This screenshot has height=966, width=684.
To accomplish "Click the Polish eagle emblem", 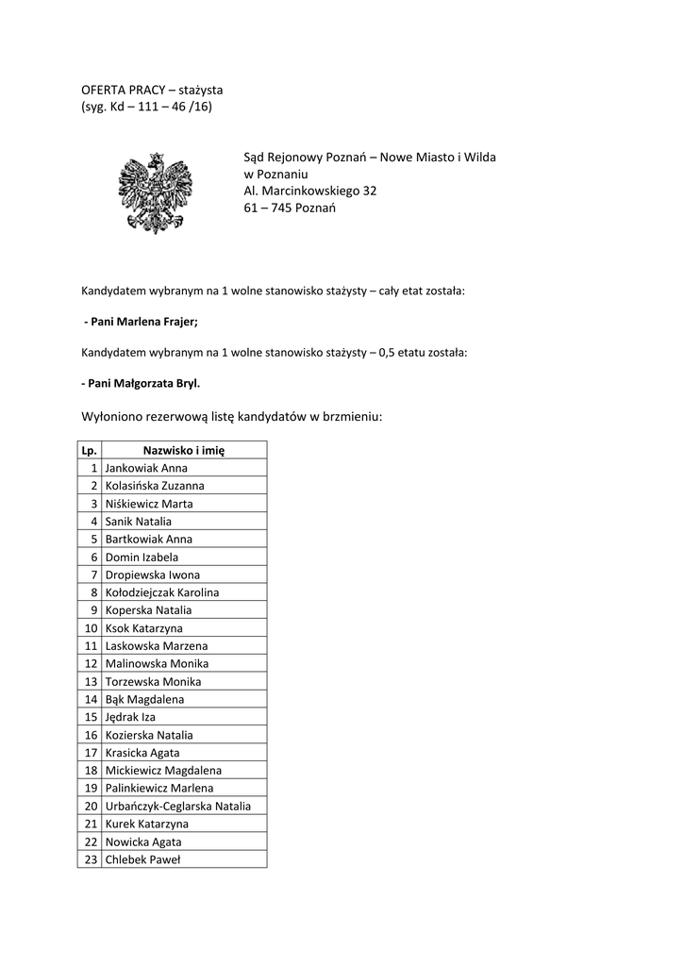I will coord(155,192).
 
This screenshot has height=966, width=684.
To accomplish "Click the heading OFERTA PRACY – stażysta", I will coord(151,90).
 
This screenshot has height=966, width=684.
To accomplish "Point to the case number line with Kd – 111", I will coord(146,107).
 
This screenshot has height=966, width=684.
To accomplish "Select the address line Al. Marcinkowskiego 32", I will coord(309,191).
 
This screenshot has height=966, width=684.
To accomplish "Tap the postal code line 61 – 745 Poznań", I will coord(290,208).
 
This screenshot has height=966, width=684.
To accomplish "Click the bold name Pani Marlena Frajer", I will coord(142,322).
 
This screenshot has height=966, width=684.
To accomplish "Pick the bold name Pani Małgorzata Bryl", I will coord(141,384).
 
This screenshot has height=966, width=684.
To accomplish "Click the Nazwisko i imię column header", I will coord(183,450).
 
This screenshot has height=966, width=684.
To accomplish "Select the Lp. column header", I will coord(90,450).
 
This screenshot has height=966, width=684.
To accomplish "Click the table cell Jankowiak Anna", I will coord(146,468).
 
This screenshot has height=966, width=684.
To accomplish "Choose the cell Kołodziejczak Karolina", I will coord(162,592).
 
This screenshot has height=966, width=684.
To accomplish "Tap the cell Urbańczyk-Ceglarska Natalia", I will coord(178,806).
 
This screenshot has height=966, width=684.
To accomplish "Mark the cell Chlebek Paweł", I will coord(142,859).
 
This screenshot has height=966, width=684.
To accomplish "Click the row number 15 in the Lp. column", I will coord(92,717).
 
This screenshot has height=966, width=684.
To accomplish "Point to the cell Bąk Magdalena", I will coord(144,699).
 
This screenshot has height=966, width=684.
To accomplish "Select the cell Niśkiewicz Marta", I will coord(149,504).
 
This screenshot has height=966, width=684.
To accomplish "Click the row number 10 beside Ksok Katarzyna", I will coord(92,628).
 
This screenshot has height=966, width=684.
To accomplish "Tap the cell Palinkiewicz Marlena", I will coord(159,788).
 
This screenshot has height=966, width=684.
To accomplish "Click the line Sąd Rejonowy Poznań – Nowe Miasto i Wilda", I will coord(369,157).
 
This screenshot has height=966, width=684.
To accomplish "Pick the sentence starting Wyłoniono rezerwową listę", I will coord(231,416).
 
